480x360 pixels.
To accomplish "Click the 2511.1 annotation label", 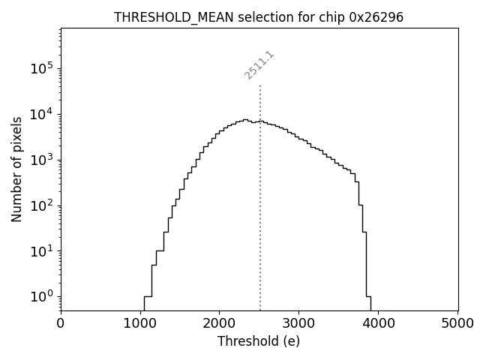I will click(x=259, y=65).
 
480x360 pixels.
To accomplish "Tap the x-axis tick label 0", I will click(x=61, y=323).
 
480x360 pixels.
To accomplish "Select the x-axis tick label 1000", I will click(x=140, y=323).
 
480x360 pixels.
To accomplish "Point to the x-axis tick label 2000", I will click(x=219, y=323).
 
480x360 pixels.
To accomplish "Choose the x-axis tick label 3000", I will click(x=298, y=323).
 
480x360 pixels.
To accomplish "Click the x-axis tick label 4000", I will click(x=378, y=323).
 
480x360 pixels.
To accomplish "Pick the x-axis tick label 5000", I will click(x=457, y=323).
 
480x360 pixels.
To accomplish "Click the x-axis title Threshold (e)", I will click(x=259, y=341).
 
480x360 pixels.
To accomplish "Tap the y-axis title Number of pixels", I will click(x=16, y=169).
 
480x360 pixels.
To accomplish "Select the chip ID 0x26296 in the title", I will click(x=376, y=17).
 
